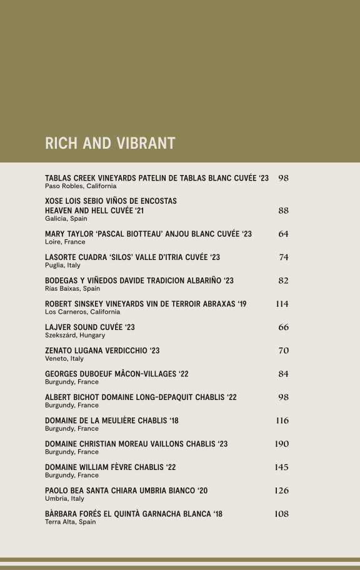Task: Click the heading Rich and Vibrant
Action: (110, 143)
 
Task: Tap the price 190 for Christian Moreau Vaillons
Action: (282, 444)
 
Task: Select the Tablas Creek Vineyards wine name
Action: (157, 178)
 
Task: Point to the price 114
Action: (282, 304)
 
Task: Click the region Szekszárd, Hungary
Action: (75, 336)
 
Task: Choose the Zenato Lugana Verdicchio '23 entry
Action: (102, 351)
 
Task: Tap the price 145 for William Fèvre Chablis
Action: (282, 467)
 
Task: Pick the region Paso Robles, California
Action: (81, 186)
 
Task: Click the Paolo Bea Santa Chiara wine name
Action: (126, 491)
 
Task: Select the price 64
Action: (283, 234)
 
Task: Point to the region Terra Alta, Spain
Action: (71, 522)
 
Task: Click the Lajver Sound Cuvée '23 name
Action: (90, 327)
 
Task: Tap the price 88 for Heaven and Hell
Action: (283, 211)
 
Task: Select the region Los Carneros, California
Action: (82, 312)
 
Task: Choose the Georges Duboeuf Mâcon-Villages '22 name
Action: (117, 374)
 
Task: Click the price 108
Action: (282, 514)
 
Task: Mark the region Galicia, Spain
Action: (66, 219)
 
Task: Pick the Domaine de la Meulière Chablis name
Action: (112, 421)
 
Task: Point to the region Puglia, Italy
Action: (62, 266)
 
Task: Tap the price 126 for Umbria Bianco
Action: (282, 491)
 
